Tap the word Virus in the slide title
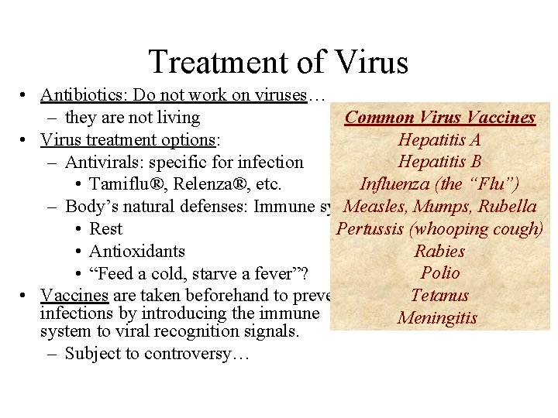(369, 62)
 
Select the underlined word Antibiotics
(83, 95)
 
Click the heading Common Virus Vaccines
(439, 118)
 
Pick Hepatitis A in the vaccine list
(439, 140)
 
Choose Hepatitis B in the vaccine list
(439, 162)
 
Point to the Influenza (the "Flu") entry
(439, 184)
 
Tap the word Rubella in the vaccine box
(508, 207)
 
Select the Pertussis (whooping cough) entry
(439, 229)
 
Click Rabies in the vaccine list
(439, 251)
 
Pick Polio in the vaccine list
(439, 273)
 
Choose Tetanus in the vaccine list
(439, 296)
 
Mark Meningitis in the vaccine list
(438, 318)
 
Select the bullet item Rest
(106, 229)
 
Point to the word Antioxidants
(137, 251)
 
